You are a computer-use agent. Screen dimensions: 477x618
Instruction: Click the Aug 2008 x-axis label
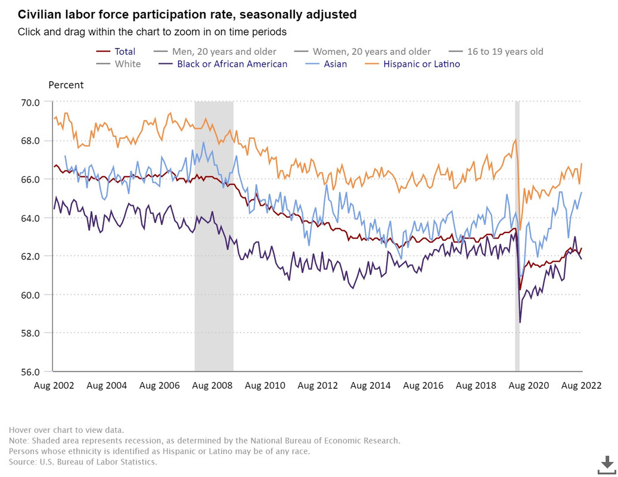point(212,385)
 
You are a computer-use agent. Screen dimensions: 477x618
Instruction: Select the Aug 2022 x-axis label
point(581,385)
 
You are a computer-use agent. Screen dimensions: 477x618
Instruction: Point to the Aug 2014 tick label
point(370,385)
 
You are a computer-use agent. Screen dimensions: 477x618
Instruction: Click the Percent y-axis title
point(66,85)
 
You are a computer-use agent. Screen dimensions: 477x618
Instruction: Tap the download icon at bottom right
point(607,464)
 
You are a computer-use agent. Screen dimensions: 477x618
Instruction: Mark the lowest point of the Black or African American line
point(520,323)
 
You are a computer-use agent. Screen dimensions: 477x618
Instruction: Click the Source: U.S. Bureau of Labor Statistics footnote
point(83,461)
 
